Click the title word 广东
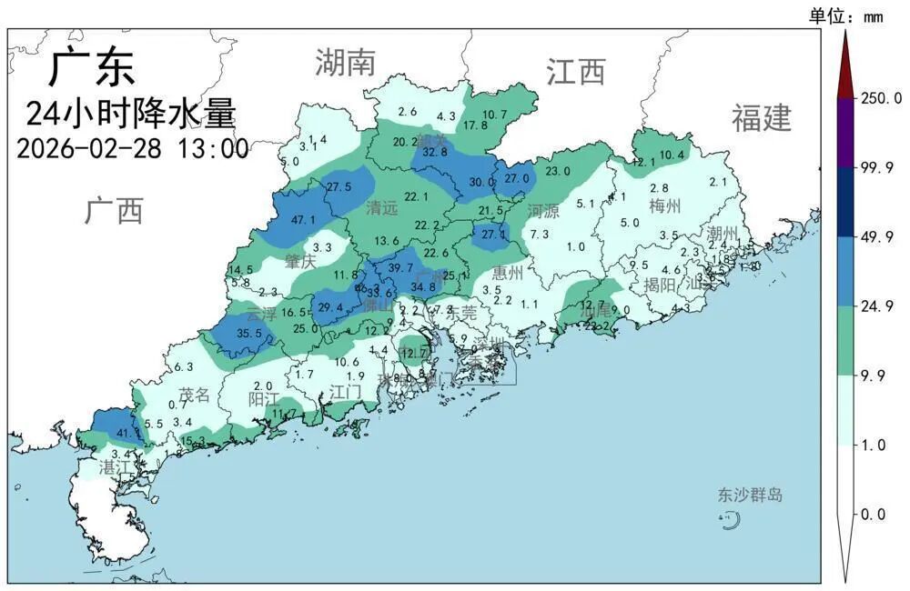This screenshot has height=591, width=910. click(92, 67)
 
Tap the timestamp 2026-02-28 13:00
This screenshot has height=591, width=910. click(133, 148)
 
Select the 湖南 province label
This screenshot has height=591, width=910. click(345, 63)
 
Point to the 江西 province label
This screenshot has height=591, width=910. click(576, 71)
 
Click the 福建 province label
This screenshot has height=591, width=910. click(762, 117)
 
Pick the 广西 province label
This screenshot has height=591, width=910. click(115, 210)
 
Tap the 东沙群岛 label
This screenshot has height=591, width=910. click(750, 496)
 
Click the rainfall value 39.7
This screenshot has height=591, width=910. click(400, 268)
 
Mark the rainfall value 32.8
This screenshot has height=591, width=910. click(431, 153)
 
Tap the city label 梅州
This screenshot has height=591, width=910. click(664, 206)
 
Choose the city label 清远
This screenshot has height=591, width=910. click(382, 208)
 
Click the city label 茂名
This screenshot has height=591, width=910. click(194, 396)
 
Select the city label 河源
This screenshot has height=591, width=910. click(543, 212)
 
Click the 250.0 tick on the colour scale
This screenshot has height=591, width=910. click(882, 98)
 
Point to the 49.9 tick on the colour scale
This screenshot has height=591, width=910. click(882, 237)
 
